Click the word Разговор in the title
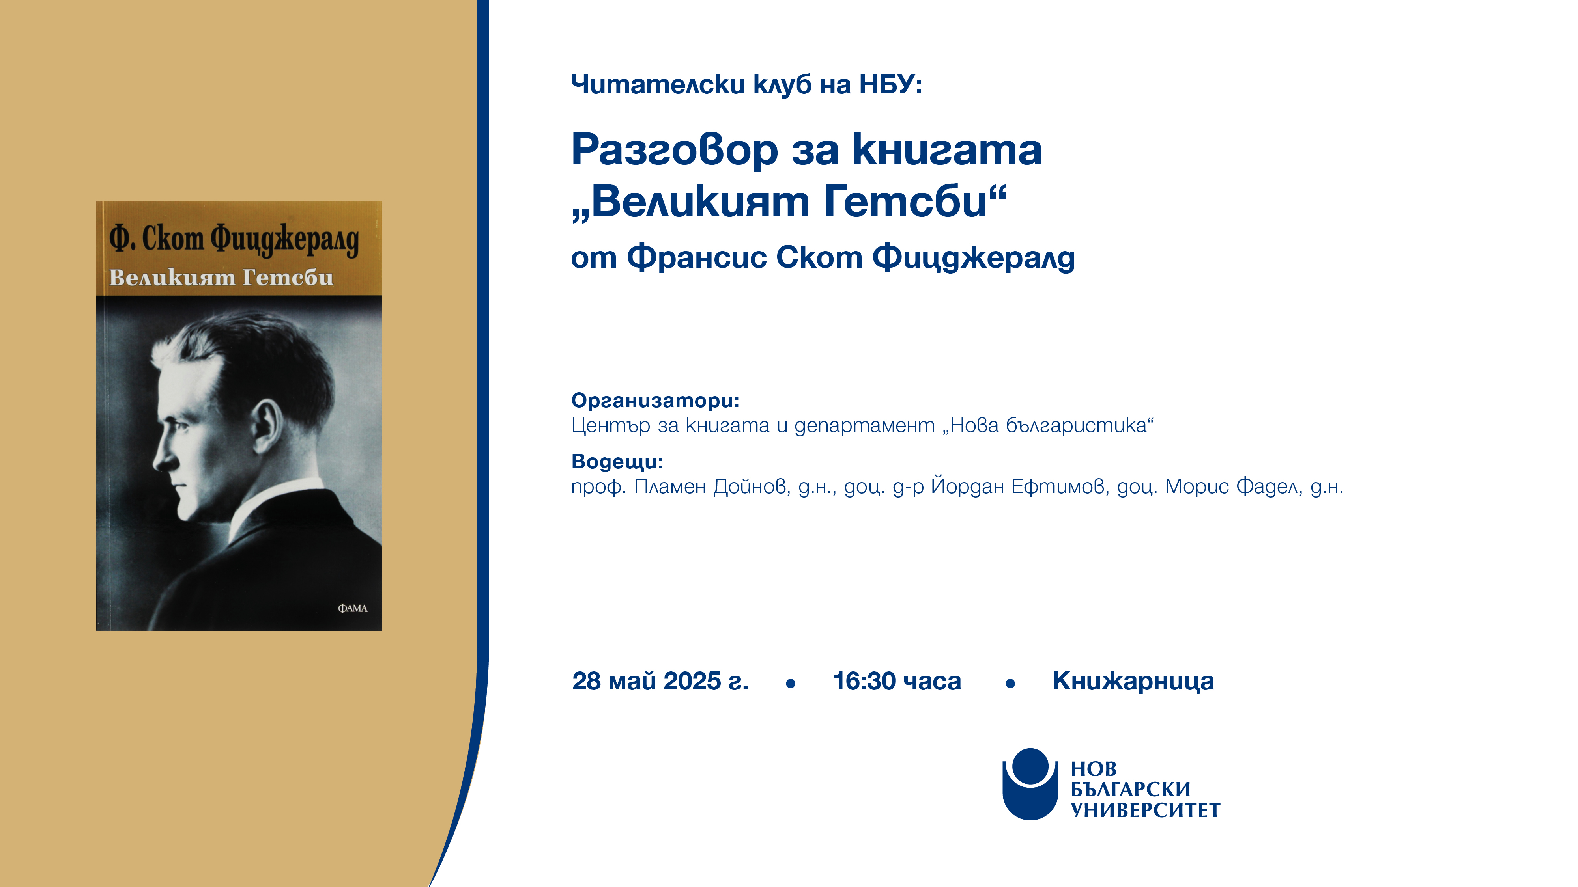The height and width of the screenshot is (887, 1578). pyautogui.click(x=675, y=150)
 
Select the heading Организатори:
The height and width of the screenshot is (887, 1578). pyautogui.click(x=655, y=401)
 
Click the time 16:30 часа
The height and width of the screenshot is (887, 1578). pyautogui.click(x=897, y=681)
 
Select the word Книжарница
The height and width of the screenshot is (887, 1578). pyautogui.click(x=1133, y=681)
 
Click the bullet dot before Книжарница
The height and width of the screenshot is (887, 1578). pyautogui.click(x=1010, y=684)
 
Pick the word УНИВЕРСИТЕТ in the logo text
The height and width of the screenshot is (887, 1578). pyautogui.click(x=1145, y=811)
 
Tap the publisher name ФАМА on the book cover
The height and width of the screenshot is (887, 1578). pyautogui.click(x=352, y=608)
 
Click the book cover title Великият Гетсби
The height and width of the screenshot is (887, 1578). pyautogui.click(x=221, y=277)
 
